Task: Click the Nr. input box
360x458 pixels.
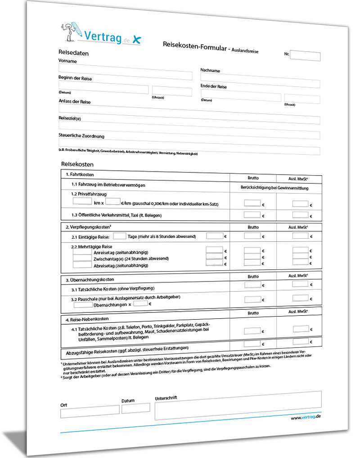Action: tap(305, 56)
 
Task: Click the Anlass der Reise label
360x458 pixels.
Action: tap(75, 102)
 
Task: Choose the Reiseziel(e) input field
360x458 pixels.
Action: tap(189, 120)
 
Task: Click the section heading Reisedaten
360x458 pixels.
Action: tap(73, 53)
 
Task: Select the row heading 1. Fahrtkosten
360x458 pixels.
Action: tap(80, 174)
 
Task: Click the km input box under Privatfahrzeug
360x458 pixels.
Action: tap(82, 201)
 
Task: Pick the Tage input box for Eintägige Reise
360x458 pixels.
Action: tap(119, 236)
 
